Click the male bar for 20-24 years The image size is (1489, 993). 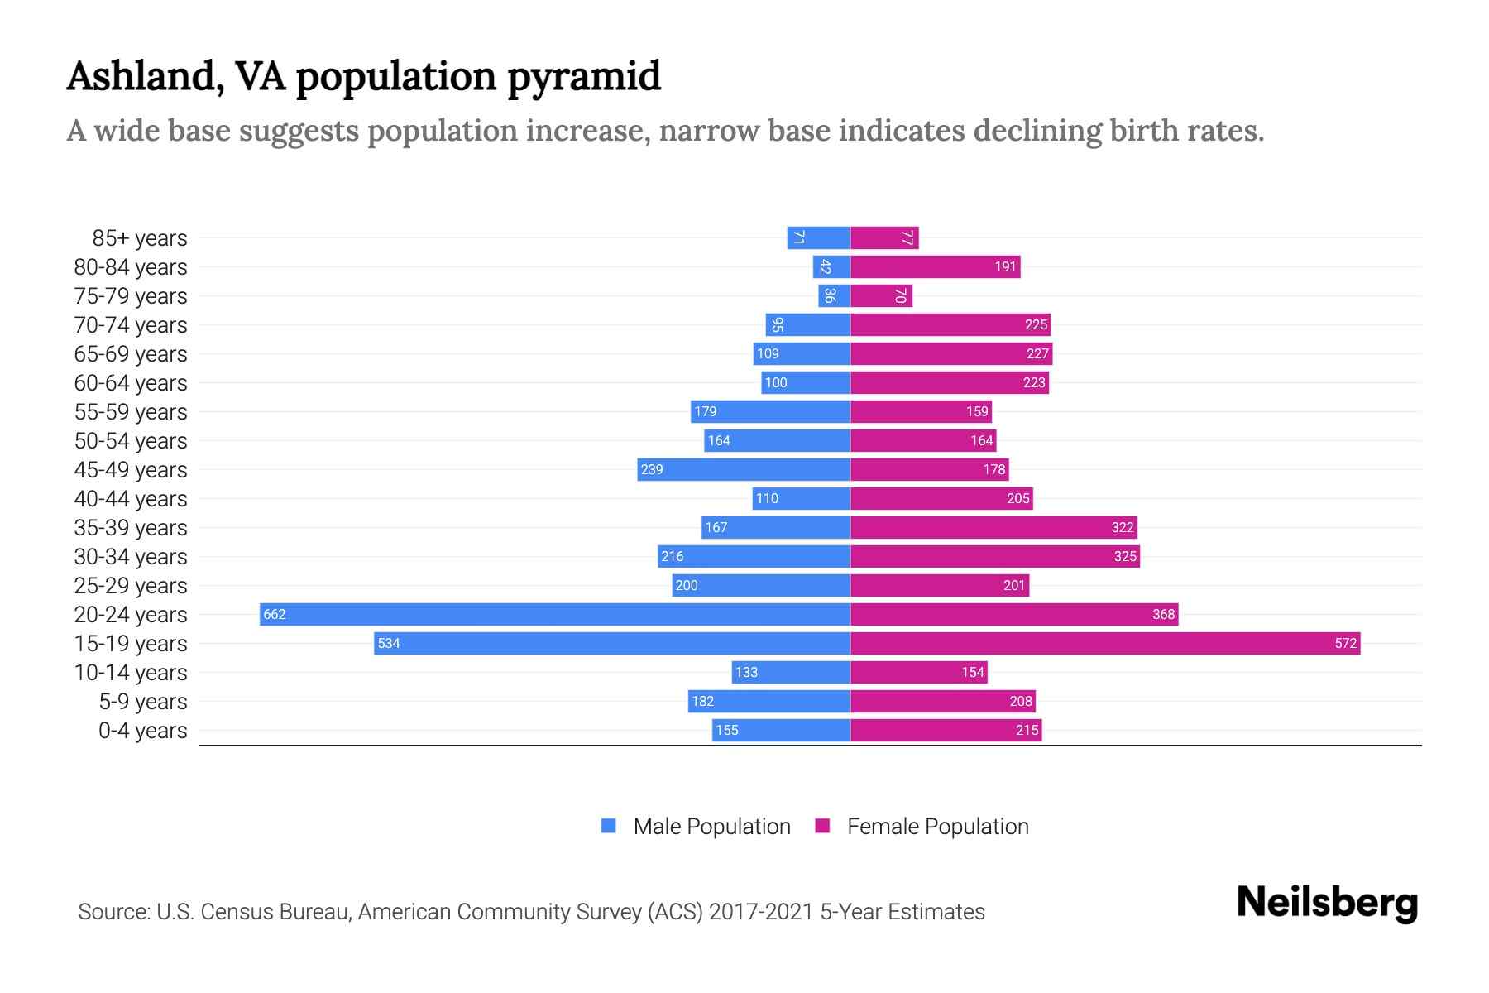[x=554, y=614]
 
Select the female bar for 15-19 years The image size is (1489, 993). [x=1104, y=643]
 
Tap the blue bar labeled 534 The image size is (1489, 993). [x=612, y=643]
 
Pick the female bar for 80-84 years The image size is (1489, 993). [x=935, y=266]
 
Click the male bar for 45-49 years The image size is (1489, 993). [x=744, y=469]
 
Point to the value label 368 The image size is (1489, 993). [x=1163, y=614]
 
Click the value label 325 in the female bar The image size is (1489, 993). [x=1124, y=556]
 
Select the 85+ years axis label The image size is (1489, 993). [x=139, y=238]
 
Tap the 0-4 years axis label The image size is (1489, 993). [x=142, y=731]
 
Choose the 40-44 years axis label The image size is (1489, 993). [x=130, y=499]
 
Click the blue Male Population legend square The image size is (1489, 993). [x=609, y=826]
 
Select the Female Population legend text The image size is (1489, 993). [x=937, y=827]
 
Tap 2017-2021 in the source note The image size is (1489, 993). [x=760, y=912]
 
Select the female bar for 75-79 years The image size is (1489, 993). [x=881, y=295]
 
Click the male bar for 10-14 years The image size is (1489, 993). [x=791, y=672]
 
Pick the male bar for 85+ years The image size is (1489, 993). [x=818, y=237]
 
